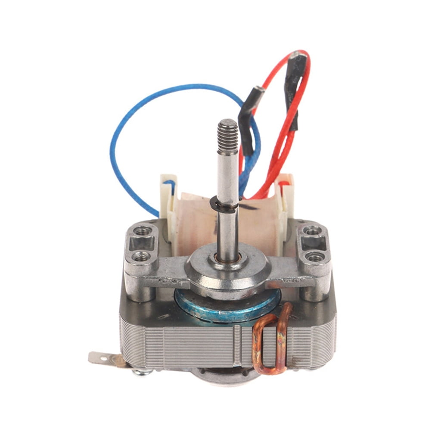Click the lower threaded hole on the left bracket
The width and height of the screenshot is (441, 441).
(x=141, y=258)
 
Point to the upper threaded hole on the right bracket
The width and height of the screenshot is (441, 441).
(x=311, y=231)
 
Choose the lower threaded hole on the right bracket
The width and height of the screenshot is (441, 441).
(x=316, y=258)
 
